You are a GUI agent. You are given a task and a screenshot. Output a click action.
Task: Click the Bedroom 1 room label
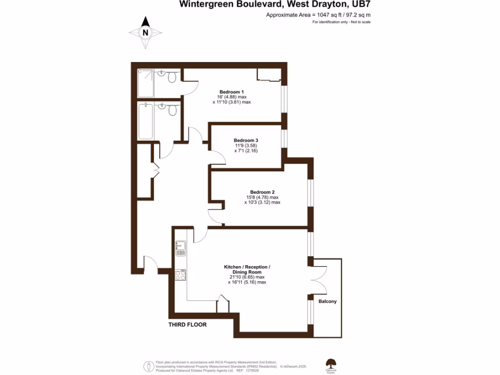(x=231, y=92)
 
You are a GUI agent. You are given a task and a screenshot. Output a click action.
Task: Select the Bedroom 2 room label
(x=262, y=192)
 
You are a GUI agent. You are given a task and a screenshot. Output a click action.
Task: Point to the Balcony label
(x=328, y=301)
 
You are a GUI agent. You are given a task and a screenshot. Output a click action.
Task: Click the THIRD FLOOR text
(x=187, y=325)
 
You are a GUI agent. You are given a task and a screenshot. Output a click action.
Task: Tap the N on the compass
(x=145, y=32)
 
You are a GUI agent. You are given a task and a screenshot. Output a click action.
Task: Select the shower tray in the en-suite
(x=146, y=83)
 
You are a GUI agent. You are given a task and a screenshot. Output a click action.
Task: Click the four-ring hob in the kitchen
(x=180, y=275)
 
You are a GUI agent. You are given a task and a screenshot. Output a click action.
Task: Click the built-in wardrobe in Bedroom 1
(x=269, y=75)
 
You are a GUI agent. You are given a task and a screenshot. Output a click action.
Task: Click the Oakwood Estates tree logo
(x=331, y=364)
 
